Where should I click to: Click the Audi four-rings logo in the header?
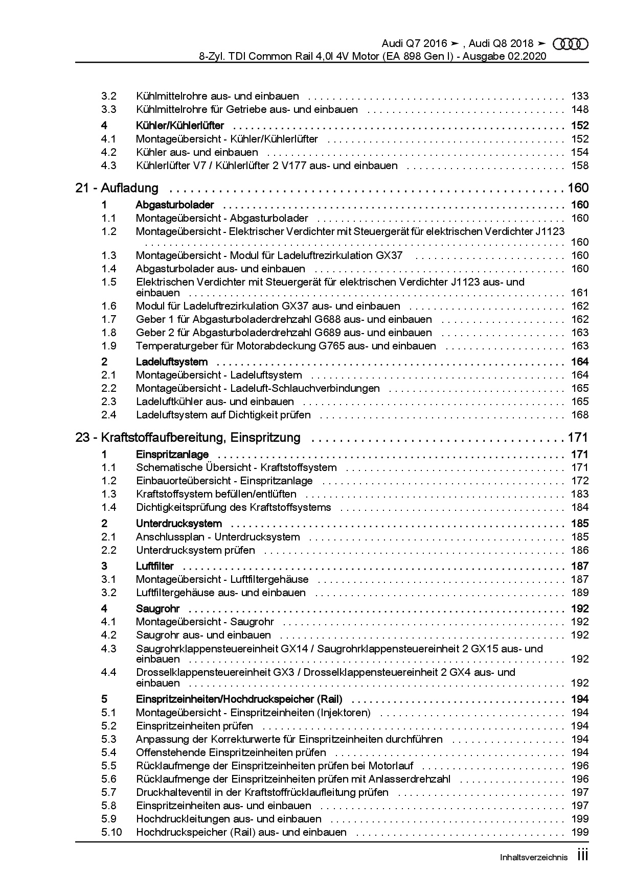click(x=571, y=44)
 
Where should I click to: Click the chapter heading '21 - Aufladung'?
click(x=117, y=188)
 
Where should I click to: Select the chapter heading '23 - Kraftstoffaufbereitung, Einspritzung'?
click(x=188, y=438)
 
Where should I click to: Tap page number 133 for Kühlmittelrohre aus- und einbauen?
click(x=580, y=96)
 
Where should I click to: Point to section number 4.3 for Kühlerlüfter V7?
click(x=109, y=166)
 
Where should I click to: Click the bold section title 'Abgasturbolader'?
click(x=174, y=205)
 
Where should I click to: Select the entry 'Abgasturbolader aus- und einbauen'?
click(x=220, y=269)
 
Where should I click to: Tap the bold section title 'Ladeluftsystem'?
click(x=171, y=362)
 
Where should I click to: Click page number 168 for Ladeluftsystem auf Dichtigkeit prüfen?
click(x=580, y=415)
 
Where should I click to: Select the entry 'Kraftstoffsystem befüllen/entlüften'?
click(x=216, y=494)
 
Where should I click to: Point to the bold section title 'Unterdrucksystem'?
click(x=178, y=524)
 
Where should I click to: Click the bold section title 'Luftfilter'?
click(x=154, y=566)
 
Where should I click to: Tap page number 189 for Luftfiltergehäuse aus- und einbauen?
click(x=580, y=593)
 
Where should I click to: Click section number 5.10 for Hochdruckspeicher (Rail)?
click(x=111, y=832)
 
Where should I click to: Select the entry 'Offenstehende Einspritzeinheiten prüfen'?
click(x=231, y=752)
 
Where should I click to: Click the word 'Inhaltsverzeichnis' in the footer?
click(x=534, y=858)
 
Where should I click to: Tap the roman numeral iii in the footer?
click(x=582, y=856)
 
